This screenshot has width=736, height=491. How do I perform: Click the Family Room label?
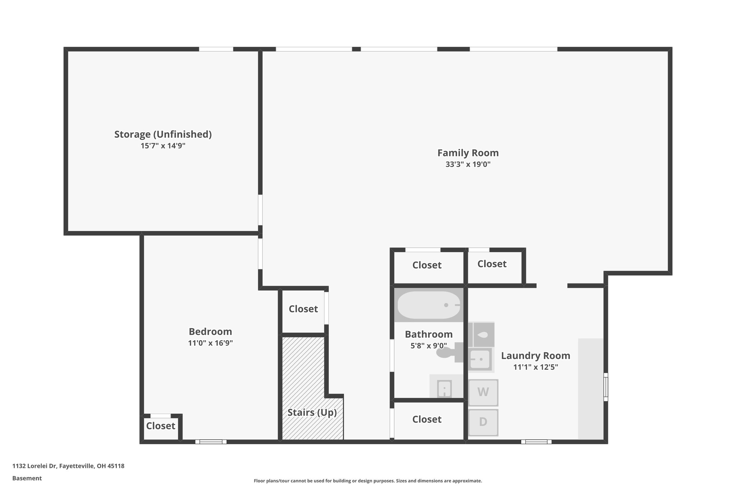click(468, 153)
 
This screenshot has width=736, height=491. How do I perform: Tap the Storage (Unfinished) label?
click(163, 134)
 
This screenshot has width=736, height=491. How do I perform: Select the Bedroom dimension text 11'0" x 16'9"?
click(210, 343)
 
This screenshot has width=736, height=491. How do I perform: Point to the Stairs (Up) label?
click(312, 412)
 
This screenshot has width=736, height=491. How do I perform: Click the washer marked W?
click(483, 392)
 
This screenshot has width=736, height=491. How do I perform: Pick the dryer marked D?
click(483, 422)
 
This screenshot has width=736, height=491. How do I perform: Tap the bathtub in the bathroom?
click(428, 305)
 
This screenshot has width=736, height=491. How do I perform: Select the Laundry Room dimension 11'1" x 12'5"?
click(535, 367)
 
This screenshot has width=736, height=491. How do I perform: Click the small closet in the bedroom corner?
click(161, 426)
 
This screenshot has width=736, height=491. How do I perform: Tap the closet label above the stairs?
click(303, 309)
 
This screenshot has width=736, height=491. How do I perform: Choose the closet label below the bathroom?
click(427, 419)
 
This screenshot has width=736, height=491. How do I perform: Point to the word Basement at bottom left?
click(27, 478)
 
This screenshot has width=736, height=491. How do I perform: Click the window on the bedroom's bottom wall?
click(211, 442)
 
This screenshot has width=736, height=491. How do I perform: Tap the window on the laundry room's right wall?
click(606, 387)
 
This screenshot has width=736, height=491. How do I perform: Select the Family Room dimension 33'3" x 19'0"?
click(468, 164)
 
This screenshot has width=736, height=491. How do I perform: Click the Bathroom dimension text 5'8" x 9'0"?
click(428, 346)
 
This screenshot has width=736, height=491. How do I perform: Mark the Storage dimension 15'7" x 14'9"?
click(163, 146)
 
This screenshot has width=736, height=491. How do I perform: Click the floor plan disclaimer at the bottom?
click(368, 481)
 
